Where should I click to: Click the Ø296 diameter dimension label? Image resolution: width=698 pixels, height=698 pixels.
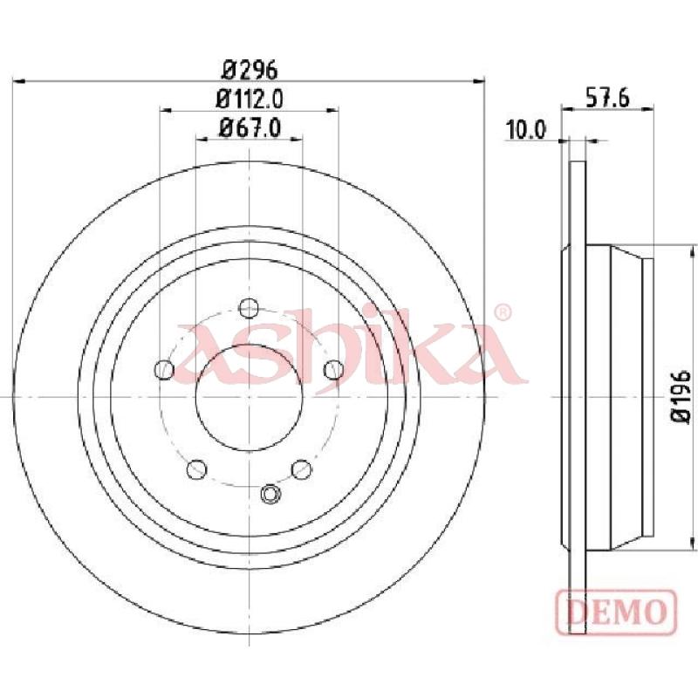pyautogui.click(x=250, y=70)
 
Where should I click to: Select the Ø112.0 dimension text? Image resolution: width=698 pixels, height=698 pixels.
pyautogui.click(x=250, y=99)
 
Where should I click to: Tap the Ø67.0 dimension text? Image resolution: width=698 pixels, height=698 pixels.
pyautogui.click(x=250, y=128)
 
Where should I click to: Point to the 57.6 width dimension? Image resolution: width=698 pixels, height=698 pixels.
pyautogui.click(x=606, y=98)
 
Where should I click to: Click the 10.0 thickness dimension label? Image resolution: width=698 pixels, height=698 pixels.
pyautogui.click(x=526, y=130)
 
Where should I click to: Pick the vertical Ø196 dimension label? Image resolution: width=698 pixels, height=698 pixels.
pyautogui.click(x=681, y=396)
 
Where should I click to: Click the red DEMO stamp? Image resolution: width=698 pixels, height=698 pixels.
pyautogui.click(x=616, y=612)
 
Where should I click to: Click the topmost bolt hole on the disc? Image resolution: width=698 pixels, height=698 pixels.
pyautogui.click(x=249, y=308)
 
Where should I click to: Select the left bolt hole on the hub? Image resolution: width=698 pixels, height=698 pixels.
pyautogui.click(x=164, y=369)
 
